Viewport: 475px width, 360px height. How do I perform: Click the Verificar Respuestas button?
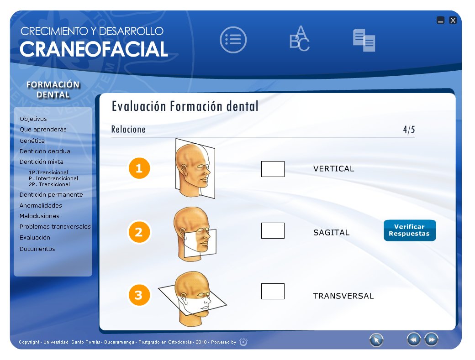410,230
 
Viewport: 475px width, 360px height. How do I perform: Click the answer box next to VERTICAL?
273,169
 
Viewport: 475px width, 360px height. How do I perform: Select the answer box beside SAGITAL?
273,230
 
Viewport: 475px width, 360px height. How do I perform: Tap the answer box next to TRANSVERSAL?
273,291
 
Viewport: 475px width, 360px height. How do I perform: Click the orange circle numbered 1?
139,169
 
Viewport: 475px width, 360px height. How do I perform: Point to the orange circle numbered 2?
139,232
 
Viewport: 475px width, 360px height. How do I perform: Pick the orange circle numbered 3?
139,295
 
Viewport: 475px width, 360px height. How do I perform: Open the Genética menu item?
32,141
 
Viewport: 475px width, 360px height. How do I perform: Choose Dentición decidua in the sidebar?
45,151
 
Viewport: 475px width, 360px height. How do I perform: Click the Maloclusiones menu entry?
39,216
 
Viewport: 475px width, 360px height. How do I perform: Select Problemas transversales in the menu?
55,227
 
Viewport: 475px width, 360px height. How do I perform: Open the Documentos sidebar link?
37,249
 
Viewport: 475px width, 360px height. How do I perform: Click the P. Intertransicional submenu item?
53,178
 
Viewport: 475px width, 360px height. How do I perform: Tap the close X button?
453,20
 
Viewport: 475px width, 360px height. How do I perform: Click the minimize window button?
440,20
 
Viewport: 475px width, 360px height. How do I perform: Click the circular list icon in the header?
233,40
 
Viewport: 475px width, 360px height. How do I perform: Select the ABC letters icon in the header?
300,39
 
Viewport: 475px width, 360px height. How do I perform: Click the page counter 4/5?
409,130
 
